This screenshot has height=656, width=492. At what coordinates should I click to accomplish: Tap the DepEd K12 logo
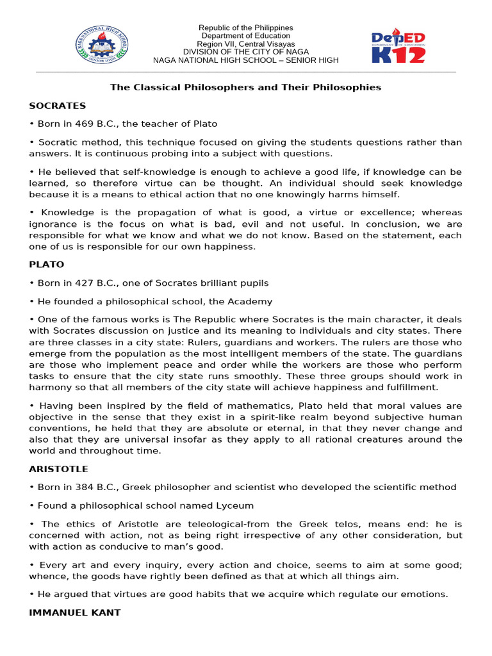coord(398,46)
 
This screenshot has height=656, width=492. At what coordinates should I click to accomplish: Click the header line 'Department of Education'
coord(245,36)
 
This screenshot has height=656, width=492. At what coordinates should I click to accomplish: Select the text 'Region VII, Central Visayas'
coord(245,44)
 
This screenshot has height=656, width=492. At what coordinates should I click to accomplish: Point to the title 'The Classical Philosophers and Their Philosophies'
coord(245,87)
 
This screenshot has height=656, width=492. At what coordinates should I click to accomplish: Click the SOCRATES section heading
coord(58,106)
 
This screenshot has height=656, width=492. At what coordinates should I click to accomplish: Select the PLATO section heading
coord(47,264)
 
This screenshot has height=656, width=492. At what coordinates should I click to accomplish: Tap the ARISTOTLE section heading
coord(59,469)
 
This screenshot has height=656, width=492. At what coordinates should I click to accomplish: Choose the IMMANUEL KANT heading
coord(75,612)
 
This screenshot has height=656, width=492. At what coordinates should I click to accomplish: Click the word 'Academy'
coord(250,301)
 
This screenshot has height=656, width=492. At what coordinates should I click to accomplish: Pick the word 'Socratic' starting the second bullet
coord(56,142)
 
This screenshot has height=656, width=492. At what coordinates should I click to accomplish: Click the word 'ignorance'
coord(52,224)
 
